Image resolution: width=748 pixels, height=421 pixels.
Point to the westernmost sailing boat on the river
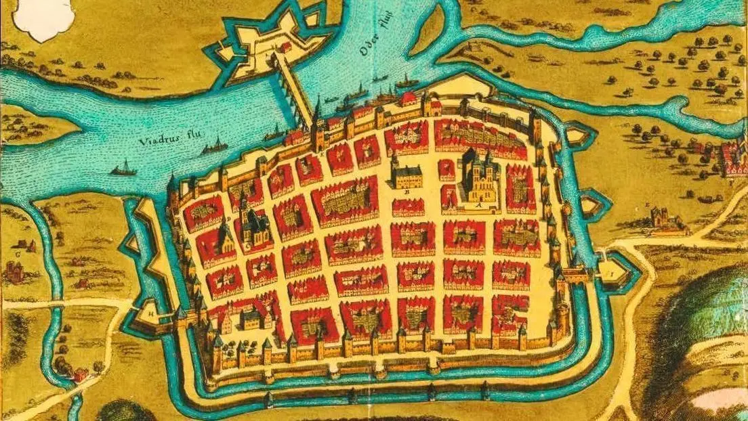[123, 169]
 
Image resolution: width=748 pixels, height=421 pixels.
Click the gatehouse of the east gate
[575, 273]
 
